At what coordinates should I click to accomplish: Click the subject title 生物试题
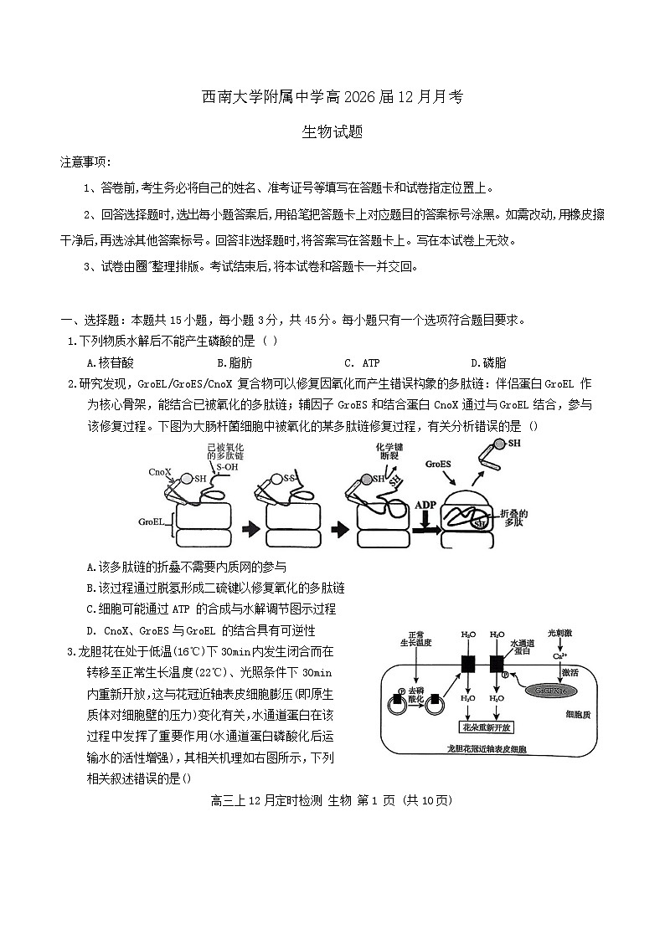click(332, 132)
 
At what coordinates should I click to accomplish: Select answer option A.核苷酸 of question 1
click(110, 363)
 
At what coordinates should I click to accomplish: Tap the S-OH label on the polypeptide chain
click(225, 469)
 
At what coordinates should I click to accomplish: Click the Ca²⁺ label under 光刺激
click(561, 656)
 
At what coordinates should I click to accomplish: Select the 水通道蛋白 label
click(523, 647)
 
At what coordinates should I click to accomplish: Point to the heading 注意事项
click(85, 161)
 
